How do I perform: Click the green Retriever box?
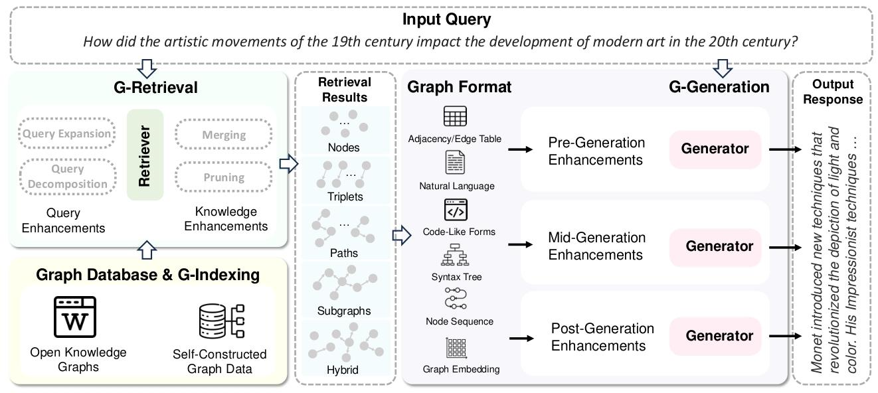click(x=145, y=155)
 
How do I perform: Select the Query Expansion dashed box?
click(x=66, y=133)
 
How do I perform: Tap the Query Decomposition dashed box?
click(x=66, y=176)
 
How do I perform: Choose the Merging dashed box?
click(x=223, y=135)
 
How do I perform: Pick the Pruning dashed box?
click(x=223, y=177)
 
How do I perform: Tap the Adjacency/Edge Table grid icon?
click(x=455, y=118)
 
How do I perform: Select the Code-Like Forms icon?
click(x=456, y=210)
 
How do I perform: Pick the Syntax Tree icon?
click(x=456, y=256)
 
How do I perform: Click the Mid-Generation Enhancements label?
click(x=596, y=246)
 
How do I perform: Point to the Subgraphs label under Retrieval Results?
click(x=344, y=311)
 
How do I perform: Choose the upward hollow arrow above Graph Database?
click(x=148, y=250)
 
